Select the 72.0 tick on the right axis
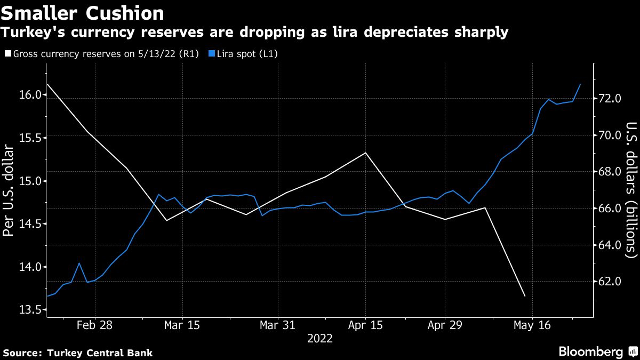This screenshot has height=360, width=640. tap(610, 99)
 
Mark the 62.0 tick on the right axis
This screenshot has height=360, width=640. tap(610, 282)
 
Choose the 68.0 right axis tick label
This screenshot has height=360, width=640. tap(610, 172)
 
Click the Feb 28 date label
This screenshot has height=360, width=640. tap(95, 326)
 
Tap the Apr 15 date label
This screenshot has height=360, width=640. tap(366, 326)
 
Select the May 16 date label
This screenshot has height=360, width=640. tap(531, 326)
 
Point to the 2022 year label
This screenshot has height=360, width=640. tap(319, 339)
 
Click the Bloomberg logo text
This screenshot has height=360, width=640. tap(590, 351)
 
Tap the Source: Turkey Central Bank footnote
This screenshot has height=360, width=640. tap(78, 353)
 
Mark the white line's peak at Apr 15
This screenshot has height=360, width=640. tap(366, 153)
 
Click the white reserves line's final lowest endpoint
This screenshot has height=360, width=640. tap(525, 296)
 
